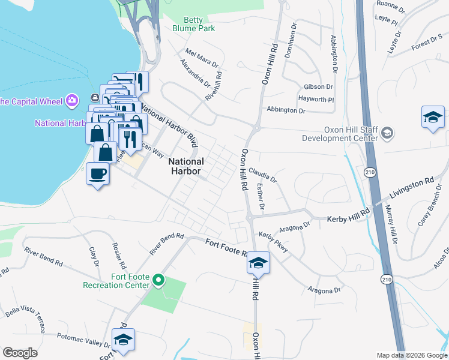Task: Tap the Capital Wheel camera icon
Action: (73, 100)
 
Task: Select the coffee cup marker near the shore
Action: (97, 175)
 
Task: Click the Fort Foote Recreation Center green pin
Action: (158, 280)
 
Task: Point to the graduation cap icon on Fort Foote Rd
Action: (258, 263)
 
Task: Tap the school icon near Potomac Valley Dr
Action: (123, 340)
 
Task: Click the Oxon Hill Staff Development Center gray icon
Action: (388, 133)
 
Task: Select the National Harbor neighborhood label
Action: (185, 166)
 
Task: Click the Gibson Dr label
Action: (318, 87)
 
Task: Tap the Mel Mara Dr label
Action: (199, 61)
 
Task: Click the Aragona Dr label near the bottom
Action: (325, 290)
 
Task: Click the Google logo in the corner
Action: (20, 352)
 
